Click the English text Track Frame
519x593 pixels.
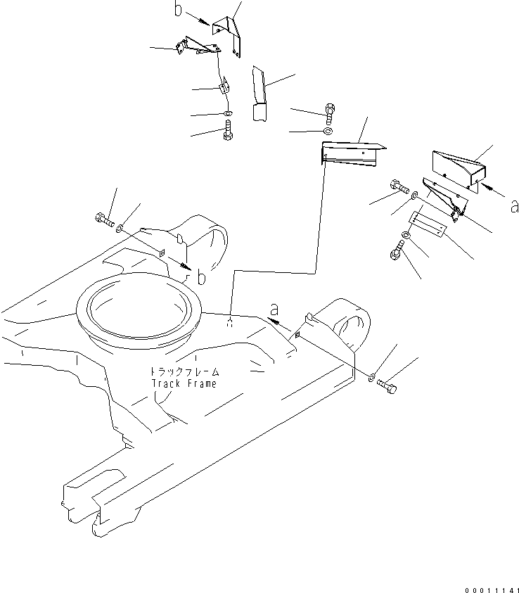tap(184, 383)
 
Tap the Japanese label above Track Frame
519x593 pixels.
tap(184, 371)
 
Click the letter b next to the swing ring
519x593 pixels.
tap(202, 278)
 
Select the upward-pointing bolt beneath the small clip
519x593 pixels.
tap(228, 132)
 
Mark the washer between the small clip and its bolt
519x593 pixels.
tap(227, 114)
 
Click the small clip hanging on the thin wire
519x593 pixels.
tap(224, 88)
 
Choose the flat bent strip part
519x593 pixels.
tap(259, 95)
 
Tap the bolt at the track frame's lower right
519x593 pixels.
tap(387, 385)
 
